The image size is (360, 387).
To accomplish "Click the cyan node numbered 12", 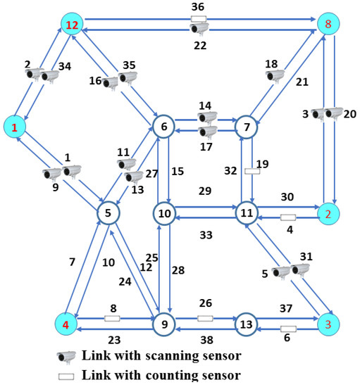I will (71, 25).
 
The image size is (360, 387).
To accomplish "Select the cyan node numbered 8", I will (328, 25).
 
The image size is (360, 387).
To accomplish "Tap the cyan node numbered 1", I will (15, 127).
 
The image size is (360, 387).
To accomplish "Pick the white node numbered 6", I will (163, 127).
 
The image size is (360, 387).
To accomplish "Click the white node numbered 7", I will (246, 127).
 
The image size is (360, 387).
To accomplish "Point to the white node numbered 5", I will (108, 212).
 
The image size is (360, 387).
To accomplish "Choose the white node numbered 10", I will (163, 212).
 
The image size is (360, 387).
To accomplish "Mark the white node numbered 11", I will (246, 212).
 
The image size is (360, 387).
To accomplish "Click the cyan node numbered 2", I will (328, 212).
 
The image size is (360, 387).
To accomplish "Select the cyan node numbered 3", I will (328, 324).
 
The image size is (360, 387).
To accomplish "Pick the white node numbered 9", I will (163, 324).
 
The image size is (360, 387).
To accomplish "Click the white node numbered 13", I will (246, 324).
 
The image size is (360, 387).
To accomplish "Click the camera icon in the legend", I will (68, 355).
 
